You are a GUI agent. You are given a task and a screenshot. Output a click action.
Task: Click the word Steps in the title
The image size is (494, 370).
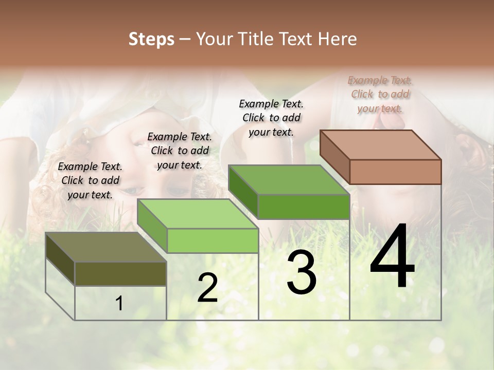tap(151, 39)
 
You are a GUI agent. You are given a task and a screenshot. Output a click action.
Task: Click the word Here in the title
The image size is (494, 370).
tap(337, 39)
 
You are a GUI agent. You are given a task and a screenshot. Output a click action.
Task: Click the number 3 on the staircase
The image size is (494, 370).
tap(302, 273)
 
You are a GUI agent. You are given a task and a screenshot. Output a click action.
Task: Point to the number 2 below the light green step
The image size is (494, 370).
tap(207, 288)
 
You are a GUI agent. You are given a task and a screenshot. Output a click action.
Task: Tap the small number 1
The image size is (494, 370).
tap(119, 304)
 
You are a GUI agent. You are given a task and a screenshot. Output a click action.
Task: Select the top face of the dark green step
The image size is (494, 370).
tap(289, 180)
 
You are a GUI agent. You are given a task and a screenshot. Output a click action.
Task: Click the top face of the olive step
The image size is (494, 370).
tap(106, 247)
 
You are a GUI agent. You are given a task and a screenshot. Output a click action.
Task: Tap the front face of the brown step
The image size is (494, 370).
tap(395, 172)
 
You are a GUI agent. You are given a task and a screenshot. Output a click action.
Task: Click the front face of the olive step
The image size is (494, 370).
tap(120, 273)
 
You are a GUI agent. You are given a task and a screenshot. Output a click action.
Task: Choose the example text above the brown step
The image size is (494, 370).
tap(380, 94)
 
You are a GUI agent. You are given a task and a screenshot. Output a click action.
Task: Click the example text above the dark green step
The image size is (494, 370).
tap(271, 118)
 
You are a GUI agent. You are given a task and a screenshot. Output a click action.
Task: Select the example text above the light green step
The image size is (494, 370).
tap(180, 151)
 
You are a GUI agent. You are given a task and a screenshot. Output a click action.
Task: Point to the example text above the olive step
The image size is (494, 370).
tap(90, 180)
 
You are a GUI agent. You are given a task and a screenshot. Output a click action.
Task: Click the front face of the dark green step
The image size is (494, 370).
tap(304, 207)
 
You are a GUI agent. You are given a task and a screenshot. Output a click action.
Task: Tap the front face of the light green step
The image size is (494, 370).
tap(213, 240)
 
